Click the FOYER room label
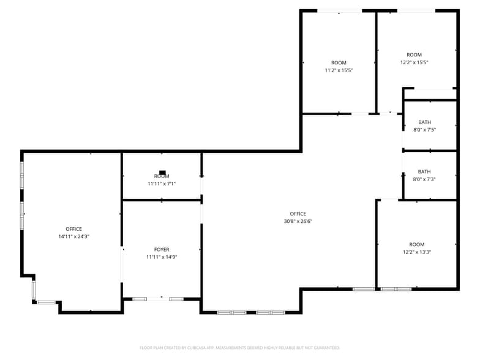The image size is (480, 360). pyautogui.click(x=162, y=250)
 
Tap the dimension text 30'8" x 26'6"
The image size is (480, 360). pyautogui.click(x=298, y=221)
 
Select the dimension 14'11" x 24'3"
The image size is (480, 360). pyautogui.click(x=73, y=236)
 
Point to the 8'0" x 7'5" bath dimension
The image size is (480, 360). pyautogui.click(x=424, y=129)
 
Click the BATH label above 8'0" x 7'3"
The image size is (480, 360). pyautogui.click(x=424, y=171)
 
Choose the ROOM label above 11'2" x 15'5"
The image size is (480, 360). pyautogui.click(x=339, y=63)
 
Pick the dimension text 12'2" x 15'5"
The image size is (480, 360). pyautogui.click(x=414, y=62)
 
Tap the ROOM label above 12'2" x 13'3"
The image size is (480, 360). pyautogui.click(x=417, y=245)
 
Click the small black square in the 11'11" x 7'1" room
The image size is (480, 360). pyautogui.click(x=162, y=173)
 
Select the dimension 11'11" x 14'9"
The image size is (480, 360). pyautogui.click(x=162, y=257)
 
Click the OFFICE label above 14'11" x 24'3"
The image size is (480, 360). pyautogui.click(x=73, y=229)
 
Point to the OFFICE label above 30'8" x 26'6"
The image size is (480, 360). pyautogui.click(x=298, y=214)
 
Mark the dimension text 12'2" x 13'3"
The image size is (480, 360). pyautogui.click(x=417, y=252)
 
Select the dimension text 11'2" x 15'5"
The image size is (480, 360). pyautogui.click(x=339, y=70)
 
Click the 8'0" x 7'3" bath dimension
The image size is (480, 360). pyautogui.click(x=424, y=179)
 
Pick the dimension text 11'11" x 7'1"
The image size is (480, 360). pyautogui.click(x=162, y=184)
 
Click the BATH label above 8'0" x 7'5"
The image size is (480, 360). pyautogui.click(x=424, y=122)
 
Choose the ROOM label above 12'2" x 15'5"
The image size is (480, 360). pyautogui.click(x=414, y=54)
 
